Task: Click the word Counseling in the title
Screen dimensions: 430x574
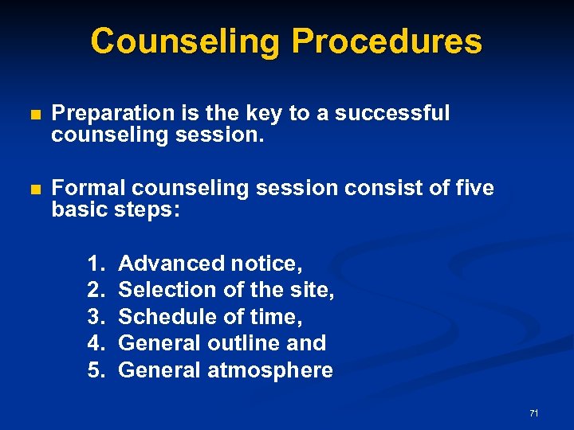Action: (x=185, y=41)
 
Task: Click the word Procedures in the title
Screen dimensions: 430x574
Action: (x=387, y=41)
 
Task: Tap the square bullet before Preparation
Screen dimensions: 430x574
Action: (x=33, y=115)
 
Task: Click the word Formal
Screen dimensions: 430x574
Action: (x=88, y=189)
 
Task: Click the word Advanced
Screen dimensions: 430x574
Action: (x=171, y=263)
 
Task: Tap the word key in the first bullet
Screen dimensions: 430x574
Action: (x=268, y=113)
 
